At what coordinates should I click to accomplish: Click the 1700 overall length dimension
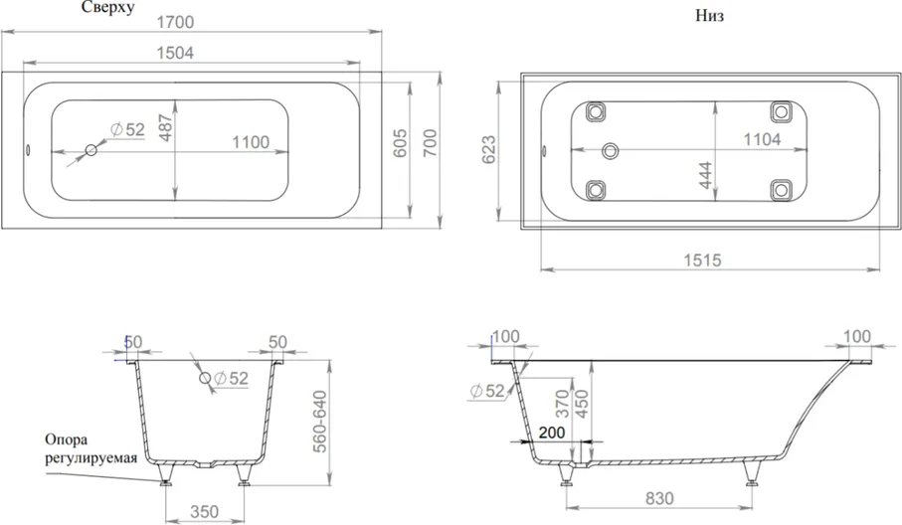pos(175,22)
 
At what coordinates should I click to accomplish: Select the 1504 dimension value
pos(175,53)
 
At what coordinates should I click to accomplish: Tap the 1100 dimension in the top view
pos(251,142)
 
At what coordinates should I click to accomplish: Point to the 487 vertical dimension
pos(166,128)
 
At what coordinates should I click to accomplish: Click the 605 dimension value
pos(400,143)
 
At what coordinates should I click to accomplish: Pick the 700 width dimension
pos(431,143)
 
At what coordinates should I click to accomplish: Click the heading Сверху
pos(108,7)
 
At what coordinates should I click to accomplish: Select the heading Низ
pos(709,16)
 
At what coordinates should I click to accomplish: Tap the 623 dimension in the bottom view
pos(488,150)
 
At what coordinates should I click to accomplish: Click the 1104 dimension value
pos(762,139)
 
